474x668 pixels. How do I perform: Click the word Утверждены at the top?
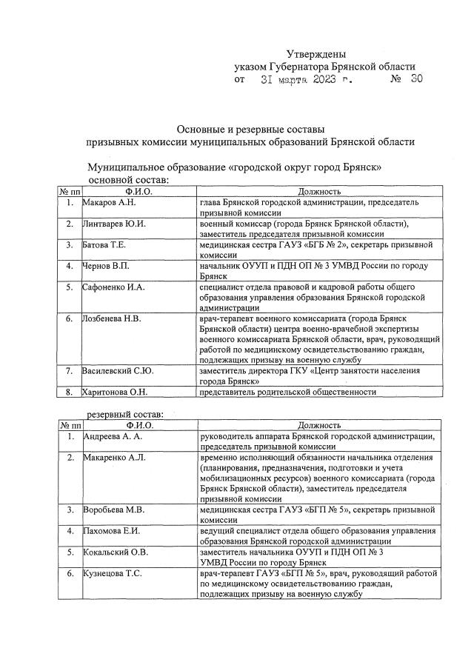click(316, 53)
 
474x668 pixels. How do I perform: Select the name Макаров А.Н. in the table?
click(109, 202)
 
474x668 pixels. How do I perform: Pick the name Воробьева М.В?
click(113, 510)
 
